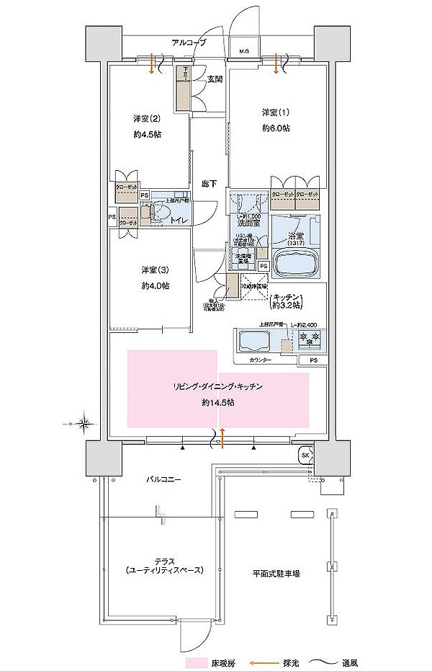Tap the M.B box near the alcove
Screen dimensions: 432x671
244,51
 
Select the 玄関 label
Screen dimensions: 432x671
214,80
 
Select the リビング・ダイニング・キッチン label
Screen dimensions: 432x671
216,387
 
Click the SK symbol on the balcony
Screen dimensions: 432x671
305,455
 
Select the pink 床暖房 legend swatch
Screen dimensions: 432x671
198,662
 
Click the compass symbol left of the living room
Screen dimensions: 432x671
84,422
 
